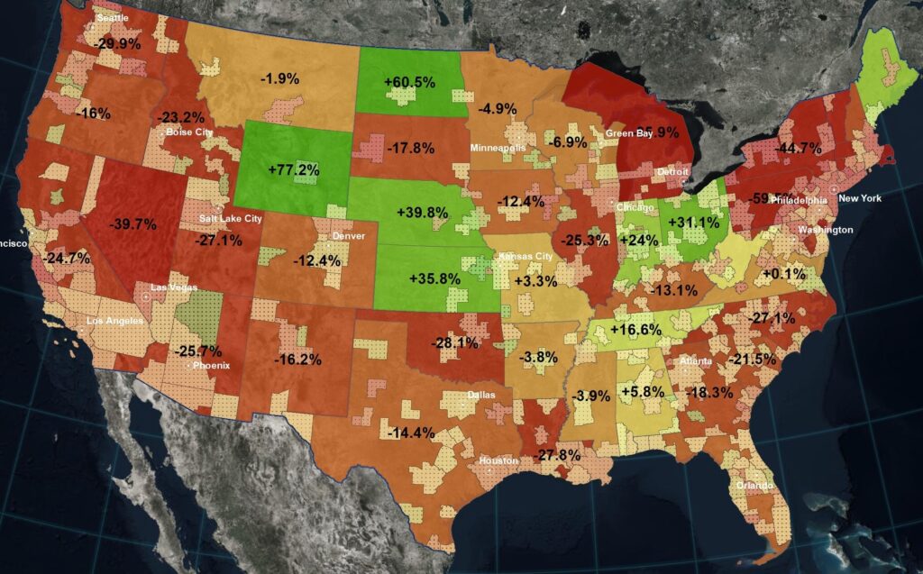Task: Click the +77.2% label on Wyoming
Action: pos(293,169)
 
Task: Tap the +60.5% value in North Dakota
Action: pos(409,82)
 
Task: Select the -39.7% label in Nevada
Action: pos(133,223)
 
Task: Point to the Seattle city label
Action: pos(113,18)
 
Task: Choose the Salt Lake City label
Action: pos(233,218)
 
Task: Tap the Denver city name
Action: pos(349,236)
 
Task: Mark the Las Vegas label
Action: pos(172,287)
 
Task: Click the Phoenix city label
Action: pos(212,366)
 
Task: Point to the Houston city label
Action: pos(499,460)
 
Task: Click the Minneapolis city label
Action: pos(497,146)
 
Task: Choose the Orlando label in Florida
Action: pos(754,486)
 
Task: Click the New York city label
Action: pos(860,198)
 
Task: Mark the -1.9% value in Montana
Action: pos(279,78)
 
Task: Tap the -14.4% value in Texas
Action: pos(411,433)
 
